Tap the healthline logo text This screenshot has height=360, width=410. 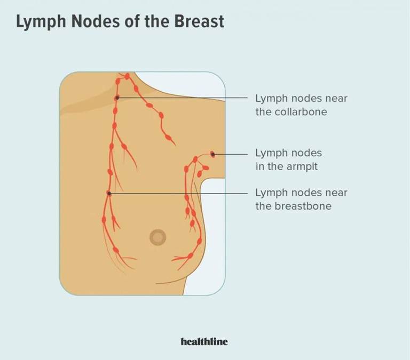(204, 341)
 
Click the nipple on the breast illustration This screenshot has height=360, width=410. (157, 237)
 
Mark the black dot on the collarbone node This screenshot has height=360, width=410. (117, 98)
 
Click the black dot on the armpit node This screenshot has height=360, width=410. (212, 154)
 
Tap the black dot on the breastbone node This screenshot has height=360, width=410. (109, 193)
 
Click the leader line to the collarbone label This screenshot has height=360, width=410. (182, 98)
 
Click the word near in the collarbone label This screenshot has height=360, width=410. (336, 99)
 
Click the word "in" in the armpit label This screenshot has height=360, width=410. (260, 167)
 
